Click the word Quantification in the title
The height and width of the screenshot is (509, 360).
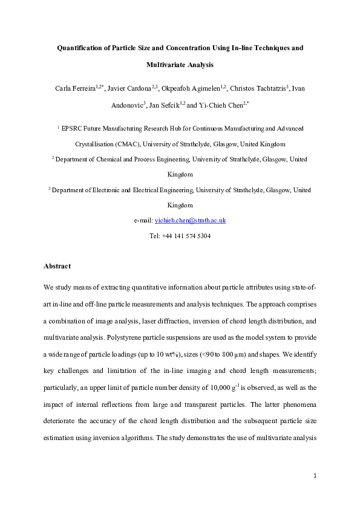[77, 47]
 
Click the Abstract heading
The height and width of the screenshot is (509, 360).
[57, 266]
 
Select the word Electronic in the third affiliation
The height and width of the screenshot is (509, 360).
[110, 190]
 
